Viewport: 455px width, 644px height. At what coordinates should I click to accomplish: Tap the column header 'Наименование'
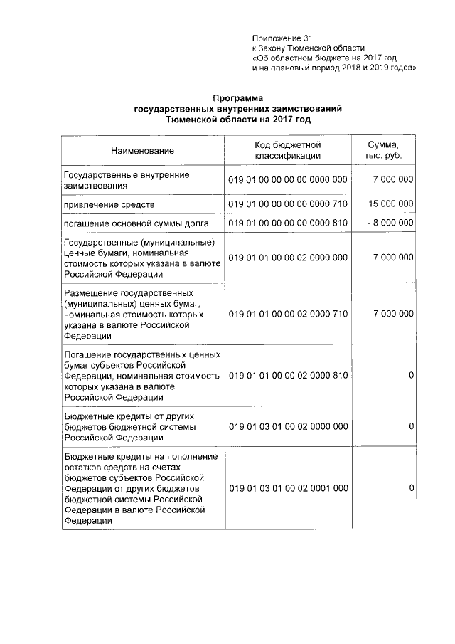pos(142,150)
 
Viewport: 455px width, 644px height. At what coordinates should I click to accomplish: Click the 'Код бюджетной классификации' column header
pos(288,150)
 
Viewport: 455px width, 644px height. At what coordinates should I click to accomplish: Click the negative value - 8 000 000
pos(388,223)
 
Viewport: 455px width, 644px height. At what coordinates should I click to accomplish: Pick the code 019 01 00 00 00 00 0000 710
pos(288,204)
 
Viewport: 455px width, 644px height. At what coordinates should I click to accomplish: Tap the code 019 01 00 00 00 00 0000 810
pos(288,223)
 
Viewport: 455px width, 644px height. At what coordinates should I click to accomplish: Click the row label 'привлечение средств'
pos(105,205)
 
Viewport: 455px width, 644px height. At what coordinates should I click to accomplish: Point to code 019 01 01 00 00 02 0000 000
pos(288,258)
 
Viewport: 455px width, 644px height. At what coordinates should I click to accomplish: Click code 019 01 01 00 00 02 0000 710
pos(288,314)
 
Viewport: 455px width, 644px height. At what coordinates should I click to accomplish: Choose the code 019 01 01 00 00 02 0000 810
pos(288,375)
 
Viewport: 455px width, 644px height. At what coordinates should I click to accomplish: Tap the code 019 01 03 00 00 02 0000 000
pos(288,426)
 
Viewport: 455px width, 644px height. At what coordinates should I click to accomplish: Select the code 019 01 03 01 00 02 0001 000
pos(288,489)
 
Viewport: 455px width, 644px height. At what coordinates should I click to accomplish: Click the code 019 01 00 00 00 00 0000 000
pos(288,180)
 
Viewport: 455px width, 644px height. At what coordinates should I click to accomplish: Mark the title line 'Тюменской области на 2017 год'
pos(238,120)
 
